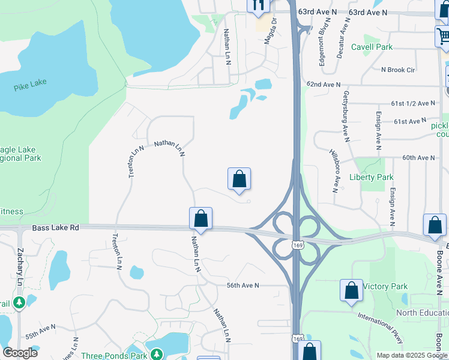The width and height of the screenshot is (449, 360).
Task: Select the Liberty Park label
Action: (371, 177)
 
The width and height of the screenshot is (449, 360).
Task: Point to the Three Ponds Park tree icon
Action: (155, 355)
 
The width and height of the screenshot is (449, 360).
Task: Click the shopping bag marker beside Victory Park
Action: (351, 290)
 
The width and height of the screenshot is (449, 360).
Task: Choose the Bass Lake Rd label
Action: (56, 228)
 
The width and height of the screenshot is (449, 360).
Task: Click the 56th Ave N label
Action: (243, 286)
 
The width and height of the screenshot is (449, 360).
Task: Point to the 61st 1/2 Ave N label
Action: (413, 103)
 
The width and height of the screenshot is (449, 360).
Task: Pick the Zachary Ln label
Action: (20, 263)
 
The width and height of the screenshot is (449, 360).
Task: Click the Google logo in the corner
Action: (20, 353)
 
